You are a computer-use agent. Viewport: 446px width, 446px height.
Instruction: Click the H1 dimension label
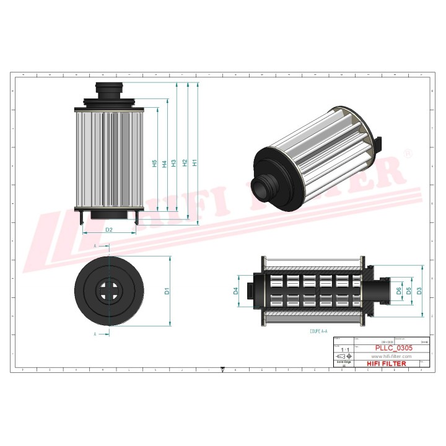[x=195, y=164]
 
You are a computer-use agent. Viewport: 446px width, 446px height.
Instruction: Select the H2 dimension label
[x=185, y=164]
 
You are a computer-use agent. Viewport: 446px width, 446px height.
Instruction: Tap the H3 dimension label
[x=175, y=164]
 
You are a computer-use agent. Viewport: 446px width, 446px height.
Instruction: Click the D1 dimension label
[x=167, y=291]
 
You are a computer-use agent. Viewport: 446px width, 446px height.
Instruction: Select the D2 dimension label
[x=108, y=230]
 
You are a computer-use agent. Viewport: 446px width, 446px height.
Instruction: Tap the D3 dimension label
[x=419, y=291]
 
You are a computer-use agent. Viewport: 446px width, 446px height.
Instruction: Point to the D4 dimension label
[x=236, y=291]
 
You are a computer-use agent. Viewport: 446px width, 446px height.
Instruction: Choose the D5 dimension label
[x=409, y=291]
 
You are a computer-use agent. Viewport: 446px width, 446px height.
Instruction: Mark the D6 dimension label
[x=399, y=291]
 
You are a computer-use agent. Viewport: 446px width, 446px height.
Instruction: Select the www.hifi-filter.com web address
[x=391, y=356]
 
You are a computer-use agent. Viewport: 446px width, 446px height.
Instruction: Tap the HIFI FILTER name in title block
[x=387, y=364]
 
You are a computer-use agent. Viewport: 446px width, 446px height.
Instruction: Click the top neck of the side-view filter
[x=110, y=90]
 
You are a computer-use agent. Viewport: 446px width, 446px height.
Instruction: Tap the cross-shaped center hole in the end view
[x=110, y=291]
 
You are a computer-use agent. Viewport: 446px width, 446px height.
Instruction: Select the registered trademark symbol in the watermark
[x=408, y=152]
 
